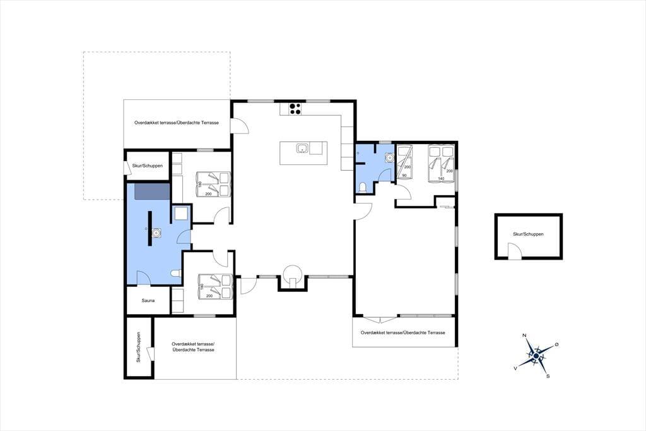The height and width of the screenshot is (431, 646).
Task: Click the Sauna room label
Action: pos(148,301)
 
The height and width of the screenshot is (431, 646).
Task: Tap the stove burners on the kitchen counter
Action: pos(295,109)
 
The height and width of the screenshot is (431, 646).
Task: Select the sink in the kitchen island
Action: pos(302,148)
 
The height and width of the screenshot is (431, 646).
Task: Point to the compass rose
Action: pos(536,355)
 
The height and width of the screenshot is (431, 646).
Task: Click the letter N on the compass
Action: pos(524,335)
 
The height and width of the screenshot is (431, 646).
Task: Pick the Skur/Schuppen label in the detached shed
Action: pos(528,234)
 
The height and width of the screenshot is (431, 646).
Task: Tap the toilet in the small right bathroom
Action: pos(363,188)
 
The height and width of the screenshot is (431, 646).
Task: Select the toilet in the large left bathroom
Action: pos(175,273)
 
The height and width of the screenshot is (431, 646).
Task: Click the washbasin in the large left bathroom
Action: pos(156,234)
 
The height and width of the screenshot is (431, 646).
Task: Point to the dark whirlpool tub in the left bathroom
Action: pos(153,191)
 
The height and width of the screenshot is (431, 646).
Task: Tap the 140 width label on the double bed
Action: pos(441,178)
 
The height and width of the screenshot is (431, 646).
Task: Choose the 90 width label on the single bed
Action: pos(404,176)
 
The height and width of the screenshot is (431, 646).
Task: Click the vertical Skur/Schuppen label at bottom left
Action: pos(139,347)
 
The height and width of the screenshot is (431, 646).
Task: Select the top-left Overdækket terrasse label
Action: pos(177,123)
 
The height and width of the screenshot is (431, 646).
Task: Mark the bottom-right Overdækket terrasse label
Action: pos(403,332)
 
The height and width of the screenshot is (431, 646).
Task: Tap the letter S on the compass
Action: pos(548,376)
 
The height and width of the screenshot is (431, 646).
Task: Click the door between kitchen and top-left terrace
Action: pos(240,125)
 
